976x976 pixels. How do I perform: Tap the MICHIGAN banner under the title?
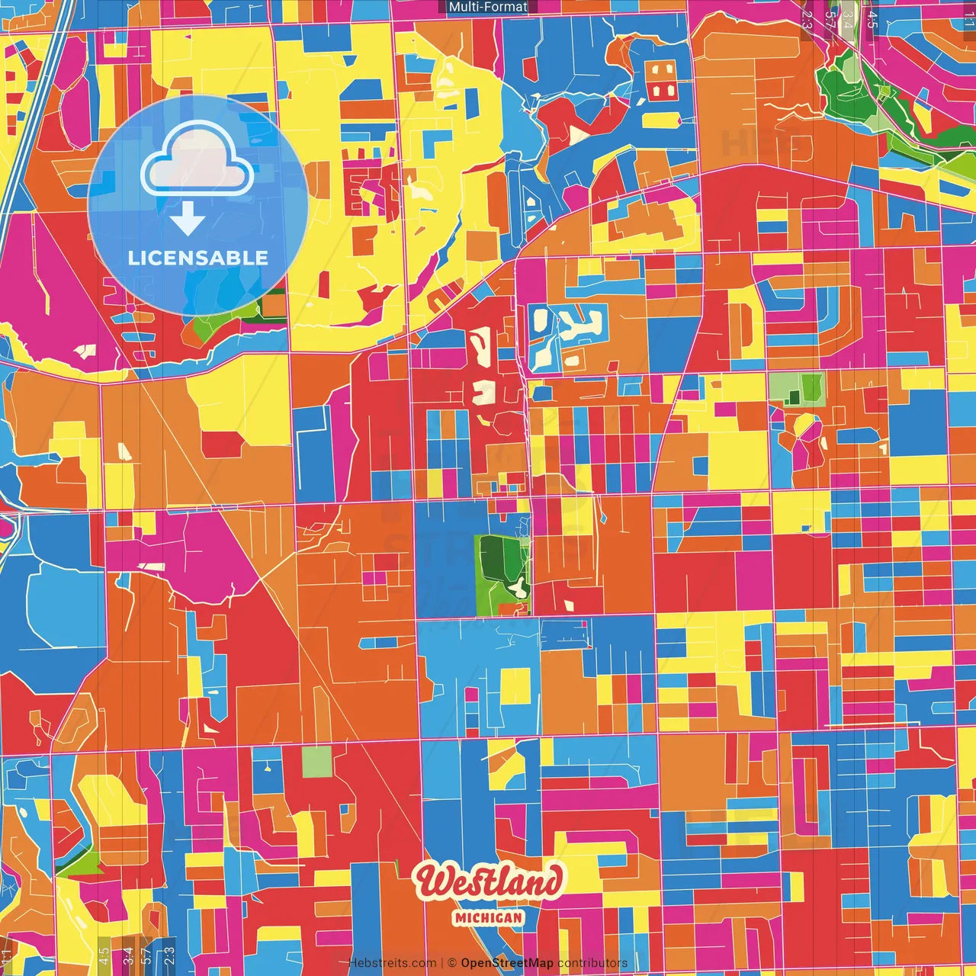click(488, 918)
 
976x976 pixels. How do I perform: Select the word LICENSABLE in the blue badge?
click(197, 258)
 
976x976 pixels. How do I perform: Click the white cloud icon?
click(197, 161)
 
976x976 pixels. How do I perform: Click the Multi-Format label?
click(488, 7)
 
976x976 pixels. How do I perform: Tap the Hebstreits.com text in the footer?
click(393, 963)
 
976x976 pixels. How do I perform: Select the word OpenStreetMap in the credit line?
click(506, 963)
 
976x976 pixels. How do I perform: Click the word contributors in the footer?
click(592, 963)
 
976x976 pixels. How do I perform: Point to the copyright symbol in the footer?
click(451, 963)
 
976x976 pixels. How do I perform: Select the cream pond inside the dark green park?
click(518, 586)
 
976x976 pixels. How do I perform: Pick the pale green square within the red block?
click(316, 762)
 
